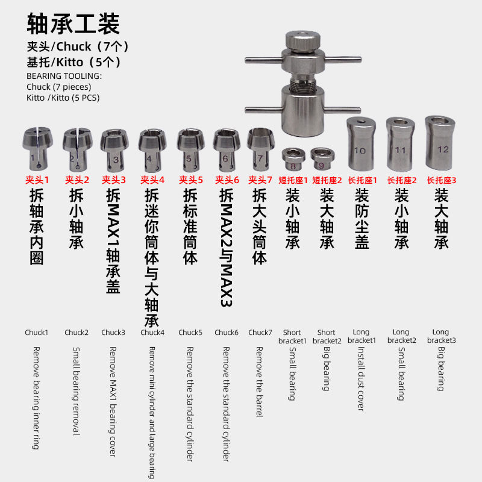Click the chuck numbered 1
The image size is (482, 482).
tap(36, 148)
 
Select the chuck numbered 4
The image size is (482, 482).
tap(151, 149)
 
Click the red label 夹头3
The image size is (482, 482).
tap(114, 180)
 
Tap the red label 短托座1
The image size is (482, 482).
tap(293, 180)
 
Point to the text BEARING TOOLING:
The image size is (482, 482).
tap(64, 77)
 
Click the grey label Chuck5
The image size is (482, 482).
tap(190, 332)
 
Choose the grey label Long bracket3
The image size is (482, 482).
tap(441, 336)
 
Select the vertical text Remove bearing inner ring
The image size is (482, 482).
tap(36, 398)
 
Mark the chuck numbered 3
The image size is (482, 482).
tap(114, 149)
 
